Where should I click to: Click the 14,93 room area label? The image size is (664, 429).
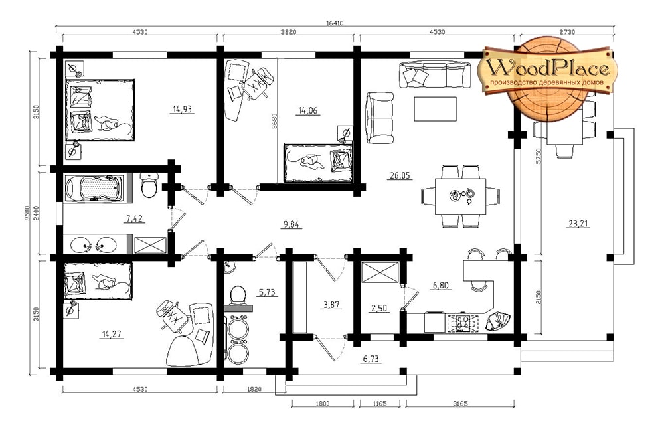(182, 110)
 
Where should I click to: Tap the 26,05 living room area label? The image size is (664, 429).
(400, 175)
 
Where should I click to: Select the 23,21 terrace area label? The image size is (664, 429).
(578, 224)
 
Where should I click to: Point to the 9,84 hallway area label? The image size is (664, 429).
(291, 224)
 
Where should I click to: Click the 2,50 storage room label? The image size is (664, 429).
(379, 308)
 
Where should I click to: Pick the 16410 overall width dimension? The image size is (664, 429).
(335, 23)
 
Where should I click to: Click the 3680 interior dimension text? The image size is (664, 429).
(274, 122)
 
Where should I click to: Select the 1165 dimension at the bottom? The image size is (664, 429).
(380, 404)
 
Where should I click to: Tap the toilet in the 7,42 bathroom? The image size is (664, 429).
(149, 185)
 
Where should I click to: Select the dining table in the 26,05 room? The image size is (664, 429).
(460, 196)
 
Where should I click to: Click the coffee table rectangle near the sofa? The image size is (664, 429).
(436, 109)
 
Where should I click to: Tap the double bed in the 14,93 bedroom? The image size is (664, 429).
(100, 110)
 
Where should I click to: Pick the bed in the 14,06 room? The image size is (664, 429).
(319, 163)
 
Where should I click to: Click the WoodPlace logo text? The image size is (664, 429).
(548, 68)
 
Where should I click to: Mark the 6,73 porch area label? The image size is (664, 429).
(371, 359)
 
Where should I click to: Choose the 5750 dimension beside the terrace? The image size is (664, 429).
(539, 157)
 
